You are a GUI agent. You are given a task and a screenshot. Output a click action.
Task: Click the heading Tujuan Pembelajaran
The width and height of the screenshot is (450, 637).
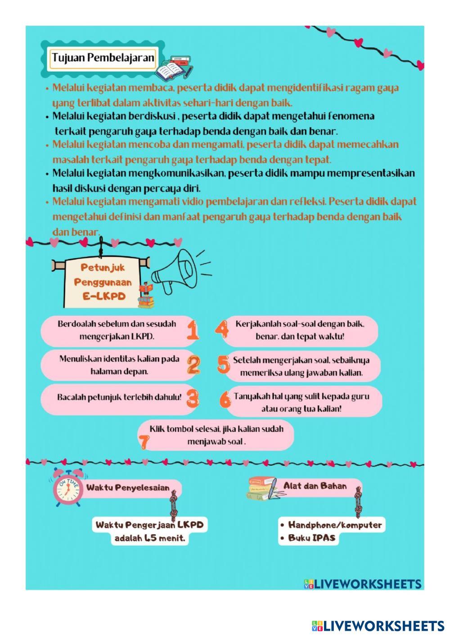[x=103, y=58]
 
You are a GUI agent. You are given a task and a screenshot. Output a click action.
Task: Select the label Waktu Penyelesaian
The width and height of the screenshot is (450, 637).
[x=128, y=487]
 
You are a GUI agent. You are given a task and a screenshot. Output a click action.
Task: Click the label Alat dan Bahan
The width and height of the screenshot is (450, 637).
[x=315, y=486]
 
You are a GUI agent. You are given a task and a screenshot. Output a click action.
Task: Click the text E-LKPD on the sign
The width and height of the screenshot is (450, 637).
[x=103, y=297]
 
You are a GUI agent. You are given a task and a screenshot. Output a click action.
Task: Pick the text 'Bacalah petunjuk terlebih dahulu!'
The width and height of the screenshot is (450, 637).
[x=119, y=398]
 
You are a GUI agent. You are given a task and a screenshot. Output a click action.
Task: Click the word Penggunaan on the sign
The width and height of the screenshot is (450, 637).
[x=103, y=282]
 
